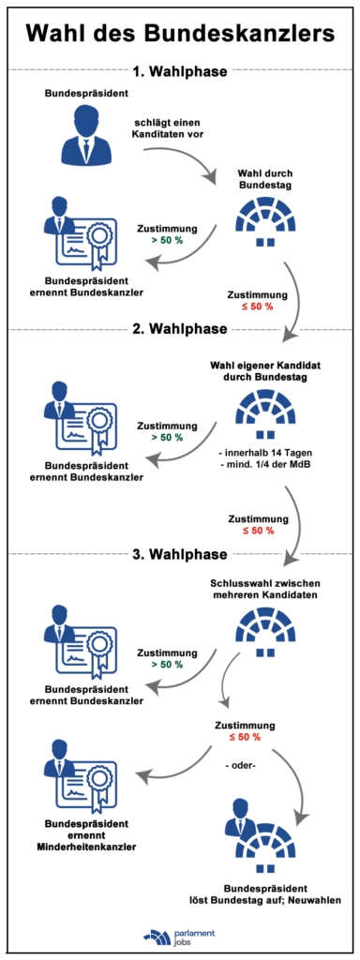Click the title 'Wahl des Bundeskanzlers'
tap(179, 36)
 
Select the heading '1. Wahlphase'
tap(179, 71)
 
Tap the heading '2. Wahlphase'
tap(179, 329)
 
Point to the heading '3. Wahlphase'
tap(179, 555)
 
